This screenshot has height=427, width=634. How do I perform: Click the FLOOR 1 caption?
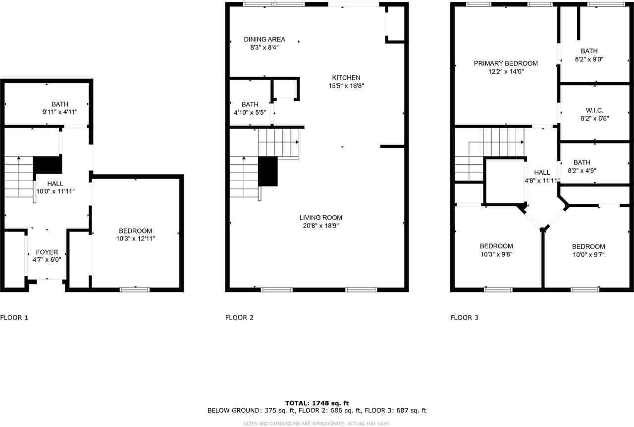point(14,318)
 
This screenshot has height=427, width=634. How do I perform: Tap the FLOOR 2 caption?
point(239,318)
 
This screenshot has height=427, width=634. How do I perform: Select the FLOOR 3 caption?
point(464,318)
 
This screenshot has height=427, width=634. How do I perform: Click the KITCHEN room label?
point(346,78)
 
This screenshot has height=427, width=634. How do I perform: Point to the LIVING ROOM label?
point(320,218)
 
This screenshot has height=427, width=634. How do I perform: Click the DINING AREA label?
point(264,40)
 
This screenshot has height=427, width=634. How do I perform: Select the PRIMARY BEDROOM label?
point(506,63)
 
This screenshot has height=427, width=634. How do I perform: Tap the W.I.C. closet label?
point(594,110)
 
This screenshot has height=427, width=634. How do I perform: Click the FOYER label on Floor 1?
point(47,252)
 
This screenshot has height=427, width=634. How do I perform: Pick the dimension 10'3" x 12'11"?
point(135,238)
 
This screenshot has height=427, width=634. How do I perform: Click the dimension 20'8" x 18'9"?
point(320,226)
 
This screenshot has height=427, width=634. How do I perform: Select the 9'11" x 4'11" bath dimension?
point(59,112)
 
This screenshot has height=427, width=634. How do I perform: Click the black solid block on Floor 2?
point(268,172)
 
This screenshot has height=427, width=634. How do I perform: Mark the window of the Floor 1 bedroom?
point(135,289)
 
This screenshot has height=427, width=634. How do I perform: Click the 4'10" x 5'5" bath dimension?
point(250,112)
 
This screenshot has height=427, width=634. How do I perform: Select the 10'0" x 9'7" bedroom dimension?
point(588,255)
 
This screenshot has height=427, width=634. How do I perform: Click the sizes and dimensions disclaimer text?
point(317,424)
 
